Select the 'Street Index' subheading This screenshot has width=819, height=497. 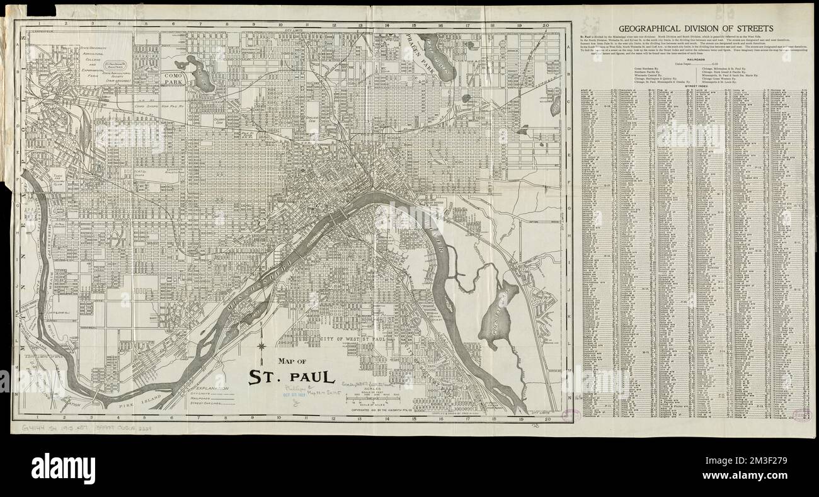coord(695,88)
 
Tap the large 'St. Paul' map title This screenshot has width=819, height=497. coord(290,377)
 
